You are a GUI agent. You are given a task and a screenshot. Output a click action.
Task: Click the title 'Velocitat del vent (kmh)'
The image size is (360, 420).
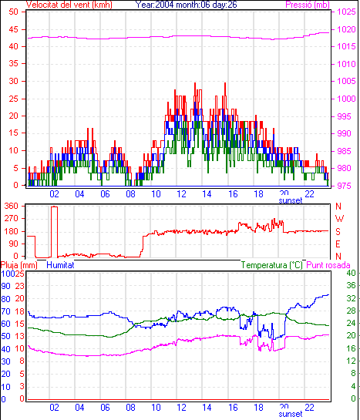point(69,5)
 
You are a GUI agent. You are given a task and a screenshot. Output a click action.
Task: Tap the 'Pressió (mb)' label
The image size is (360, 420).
point(308,5)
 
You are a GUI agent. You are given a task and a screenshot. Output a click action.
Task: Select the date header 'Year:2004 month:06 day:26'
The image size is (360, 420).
point(186,5)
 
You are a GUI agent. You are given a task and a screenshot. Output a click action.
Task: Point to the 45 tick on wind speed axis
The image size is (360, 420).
point(13,29)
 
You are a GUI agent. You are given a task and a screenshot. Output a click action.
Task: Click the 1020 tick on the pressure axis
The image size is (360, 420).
point(346,29)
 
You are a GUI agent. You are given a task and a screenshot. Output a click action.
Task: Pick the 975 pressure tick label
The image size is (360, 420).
point(344,186)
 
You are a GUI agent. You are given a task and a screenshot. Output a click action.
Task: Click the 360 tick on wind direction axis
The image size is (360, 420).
point(12,207)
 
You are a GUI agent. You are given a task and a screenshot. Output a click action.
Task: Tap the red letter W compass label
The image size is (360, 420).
point(339,219)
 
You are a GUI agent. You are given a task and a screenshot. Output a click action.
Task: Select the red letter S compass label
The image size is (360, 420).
point(338,231)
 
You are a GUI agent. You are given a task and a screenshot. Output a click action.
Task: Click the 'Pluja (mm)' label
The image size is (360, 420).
point(19,265)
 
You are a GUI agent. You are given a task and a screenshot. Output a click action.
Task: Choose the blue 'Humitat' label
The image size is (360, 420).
point(60,265)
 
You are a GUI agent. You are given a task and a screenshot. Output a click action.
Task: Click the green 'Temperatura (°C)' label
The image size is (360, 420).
point(272,265)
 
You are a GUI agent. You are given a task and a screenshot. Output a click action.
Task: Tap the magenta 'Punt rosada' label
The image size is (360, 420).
point(328,265)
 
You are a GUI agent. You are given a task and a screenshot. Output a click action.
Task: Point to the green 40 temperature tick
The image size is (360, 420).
point(352,273)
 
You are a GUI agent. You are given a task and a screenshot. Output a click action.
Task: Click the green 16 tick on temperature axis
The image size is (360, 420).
point(352,348)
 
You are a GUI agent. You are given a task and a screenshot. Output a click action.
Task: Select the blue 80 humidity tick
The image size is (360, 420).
point(5,299)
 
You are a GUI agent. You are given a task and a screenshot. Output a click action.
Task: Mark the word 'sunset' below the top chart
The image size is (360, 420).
point(291,200)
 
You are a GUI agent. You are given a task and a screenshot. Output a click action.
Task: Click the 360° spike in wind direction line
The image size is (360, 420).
point(55,207)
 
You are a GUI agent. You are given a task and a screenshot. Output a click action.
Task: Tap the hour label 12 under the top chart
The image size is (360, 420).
point(182,193)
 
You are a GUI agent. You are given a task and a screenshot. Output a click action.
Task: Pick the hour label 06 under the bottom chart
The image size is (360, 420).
point(105,408)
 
